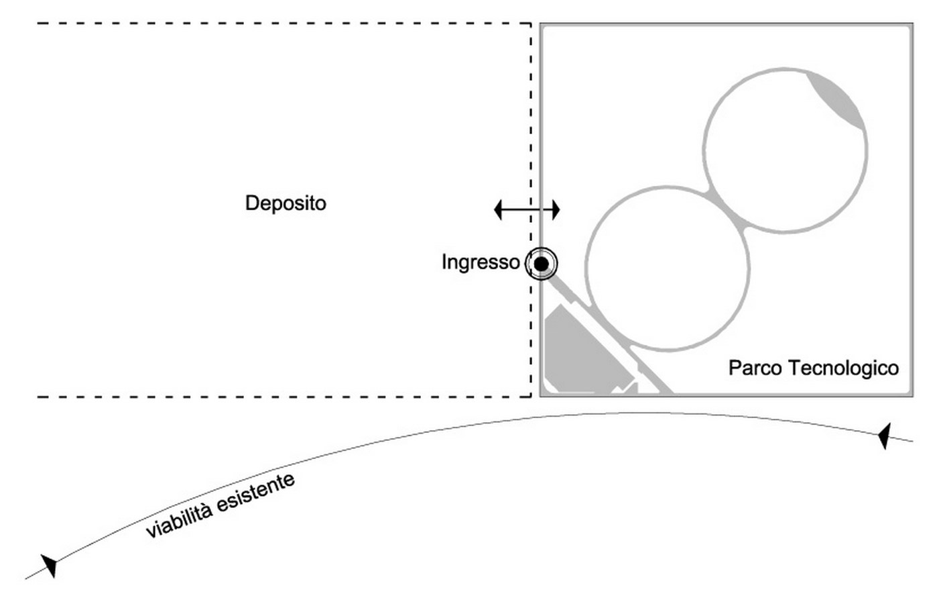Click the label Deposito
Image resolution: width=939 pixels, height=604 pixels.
[x=286, y=203]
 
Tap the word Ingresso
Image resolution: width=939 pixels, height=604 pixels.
[x=481, y=262]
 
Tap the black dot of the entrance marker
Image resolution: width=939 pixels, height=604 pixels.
[x=541, y=264]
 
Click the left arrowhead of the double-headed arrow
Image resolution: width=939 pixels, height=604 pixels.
[x=498, y=210]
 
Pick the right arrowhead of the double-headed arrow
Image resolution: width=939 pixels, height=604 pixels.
[x=556, y=210]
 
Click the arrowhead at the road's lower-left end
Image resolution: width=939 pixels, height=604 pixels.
[x=50, y=565]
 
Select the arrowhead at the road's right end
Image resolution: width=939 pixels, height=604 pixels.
[x=883, y=436]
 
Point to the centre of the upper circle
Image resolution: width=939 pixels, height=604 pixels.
[x=785, y=150]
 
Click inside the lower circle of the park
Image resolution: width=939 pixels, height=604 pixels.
[x=668, y=268]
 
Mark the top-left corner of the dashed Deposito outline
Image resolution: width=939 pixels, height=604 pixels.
[x=38, y=23]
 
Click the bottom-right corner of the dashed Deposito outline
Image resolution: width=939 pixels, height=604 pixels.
[x=531, y=396]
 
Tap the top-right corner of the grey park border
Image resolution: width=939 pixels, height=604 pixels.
[x=912, y=24]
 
